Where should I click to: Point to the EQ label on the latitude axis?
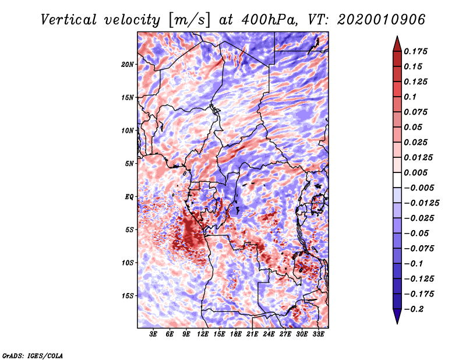click(x=129, y=197)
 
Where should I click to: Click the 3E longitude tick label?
click(x=153, y=335)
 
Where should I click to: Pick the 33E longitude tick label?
click(x=319, y=335)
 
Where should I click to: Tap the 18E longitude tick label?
click(x=236, y=335)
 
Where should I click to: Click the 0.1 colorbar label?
click(x=411, y=97)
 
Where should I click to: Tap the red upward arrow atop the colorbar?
click(x=397, y=42)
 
